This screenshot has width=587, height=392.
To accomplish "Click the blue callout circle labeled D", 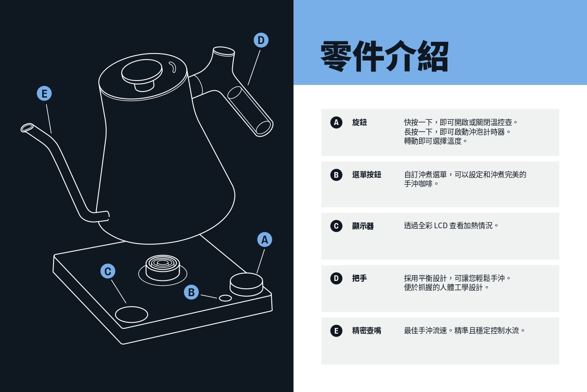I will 261,41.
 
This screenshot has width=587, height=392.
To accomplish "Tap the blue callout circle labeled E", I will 44,93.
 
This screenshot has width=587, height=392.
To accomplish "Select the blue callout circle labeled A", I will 264,240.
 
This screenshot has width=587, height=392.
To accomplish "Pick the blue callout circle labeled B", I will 191,292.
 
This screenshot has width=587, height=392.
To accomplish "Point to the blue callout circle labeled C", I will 108,271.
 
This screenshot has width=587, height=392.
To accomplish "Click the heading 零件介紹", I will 384,57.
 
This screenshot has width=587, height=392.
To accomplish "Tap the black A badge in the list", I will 336,122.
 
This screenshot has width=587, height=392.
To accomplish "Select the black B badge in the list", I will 336,175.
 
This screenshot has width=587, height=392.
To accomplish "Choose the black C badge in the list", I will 336,226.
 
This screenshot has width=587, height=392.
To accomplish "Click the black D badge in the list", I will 336,278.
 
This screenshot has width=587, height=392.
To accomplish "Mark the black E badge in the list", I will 336,331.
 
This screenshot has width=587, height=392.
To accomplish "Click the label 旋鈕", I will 360,122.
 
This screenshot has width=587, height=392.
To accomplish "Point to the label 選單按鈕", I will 367,175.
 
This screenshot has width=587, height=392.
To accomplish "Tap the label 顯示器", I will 363,226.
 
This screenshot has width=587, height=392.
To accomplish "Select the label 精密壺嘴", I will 367,331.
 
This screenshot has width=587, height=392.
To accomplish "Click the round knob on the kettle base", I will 246,284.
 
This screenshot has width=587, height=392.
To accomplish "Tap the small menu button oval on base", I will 225,298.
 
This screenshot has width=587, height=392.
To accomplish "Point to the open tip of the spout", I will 27,128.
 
